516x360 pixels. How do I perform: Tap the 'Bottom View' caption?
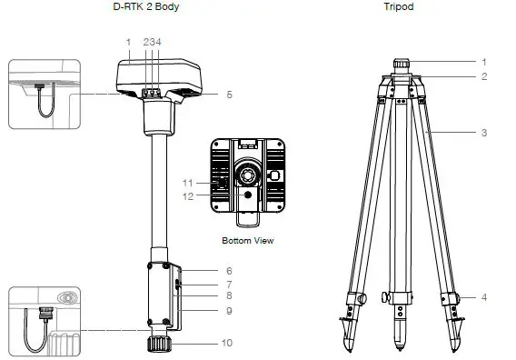click(247, 241)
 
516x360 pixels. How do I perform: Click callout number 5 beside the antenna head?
click(230, 94)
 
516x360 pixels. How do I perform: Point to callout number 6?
click(230, 271)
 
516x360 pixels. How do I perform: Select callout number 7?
click(230, 285)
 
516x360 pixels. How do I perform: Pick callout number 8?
click(230, 296)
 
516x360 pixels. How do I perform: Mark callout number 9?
click(230, 311)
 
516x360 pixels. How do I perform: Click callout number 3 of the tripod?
click(484, 133)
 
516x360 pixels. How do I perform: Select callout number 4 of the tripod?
click(484, 297)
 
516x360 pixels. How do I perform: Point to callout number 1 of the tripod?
click(484, 61)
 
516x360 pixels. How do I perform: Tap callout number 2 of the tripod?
click(484, 76)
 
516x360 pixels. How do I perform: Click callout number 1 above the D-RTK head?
click(129, 42)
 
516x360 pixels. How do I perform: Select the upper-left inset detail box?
click(45, 94)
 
